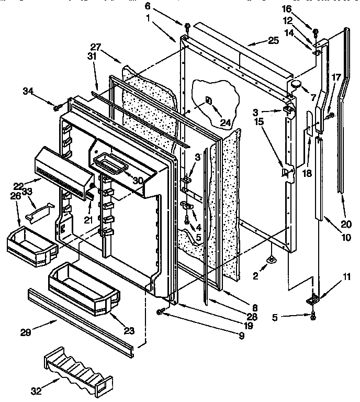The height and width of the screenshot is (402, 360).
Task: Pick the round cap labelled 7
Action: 297,83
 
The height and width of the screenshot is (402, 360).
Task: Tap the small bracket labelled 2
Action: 272,259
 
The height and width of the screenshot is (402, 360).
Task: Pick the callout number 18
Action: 307,173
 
